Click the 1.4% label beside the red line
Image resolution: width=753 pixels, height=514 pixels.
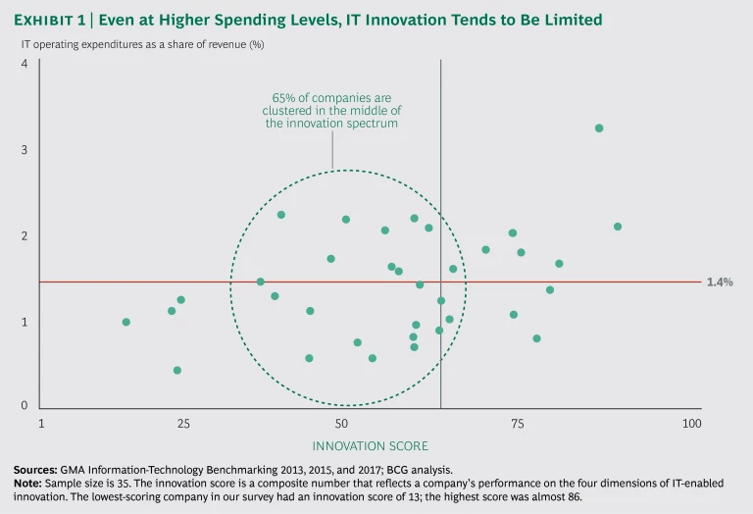pyautogui.click(x=719, y=282)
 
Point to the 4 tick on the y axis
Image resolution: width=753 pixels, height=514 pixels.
pyautogui.click(x=24, y=64)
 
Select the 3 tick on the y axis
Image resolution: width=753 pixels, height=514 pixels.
pyautogui.click(x=24, y=150)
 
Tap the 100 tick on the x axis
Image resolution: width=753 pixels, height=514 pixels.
pyautogui.click(x=692, y=424)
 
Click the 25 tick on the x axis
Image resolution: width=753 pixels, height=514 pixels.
pyautogui.click(x=183, y=424)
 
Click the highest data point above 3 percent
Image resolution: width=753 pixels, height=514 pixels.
pyautogui.click(x=599, y=128)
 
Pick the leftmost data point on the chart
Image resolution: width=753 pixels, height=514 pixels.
pyautogui.click(x=125, y=322)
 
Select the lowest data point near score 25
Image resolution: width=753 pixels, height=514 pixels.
pyautogui.click(x=177, y=370)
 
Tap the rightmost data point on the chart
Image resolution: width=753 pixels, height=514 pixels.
pyautogui.click(x=618, y=227)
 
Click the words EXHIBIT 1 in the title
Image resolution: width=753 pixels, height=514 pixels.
pyautogui.click(x=58, y=21)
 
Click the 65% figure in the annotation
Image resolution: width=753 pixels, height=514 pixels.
pyautogui.click(x=282, y=98)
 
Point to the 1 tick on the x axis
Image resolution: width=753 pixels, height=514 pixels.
pyautogui.click(x=41, y=424)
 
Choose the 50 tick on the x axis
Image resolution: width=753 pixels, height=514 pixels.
pyautogui.click(x=342, y=424)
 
